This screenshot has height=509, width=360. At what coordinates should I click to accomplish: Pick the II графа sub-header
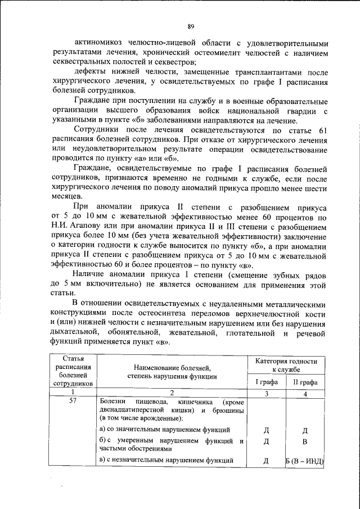click(x=305, y=382)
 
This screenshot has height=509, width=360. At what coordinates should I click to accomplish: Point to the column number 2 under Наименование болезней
click(x=172, y=393)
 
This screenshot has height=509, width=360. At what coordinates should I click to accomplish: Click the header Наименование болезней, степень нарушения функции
click(x=172, y=371)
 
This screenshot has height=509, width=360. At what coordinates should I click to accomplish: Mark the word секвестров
click(x=176, y=62)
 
